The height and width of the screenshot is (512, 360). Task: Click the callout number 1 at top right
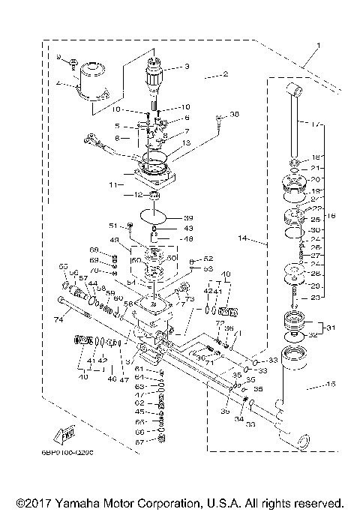317,46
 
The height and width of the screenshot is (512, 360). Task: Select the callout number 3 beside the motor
187,67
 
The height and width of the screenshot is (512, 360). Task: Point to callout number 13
186,142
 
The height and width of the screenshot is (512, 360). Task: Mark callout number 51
113,224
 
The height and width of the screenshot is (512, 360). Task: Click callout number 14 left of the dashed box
242,239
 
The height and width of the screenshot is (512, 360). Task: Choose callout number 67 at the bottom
139,442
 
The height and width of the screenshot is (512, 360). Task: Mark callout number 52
208,259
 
